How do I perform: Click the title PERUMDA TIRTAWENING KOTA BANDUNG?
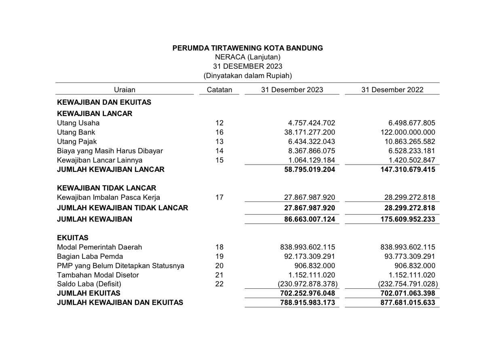(x=247, y=48)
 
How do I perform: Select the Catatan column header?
(x=220, y=90)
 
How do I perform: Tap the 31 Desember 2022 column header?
(x=392, y=90)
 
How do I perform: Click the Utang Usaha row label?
(x=78, y=123)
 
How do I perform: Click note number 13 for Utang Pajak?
(x=220, y=142)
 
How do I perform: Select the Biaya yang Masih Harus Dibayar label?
(x=110, y=151)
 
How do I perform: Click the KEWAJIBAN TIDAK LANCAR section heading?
(x=107, y=188)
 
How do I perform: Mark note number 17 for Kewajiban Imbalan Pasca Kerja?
(x=220, y=197)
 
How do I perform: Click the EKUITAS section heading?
(x=73, y=238)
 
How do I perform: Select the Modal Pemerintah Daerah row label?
(x=100, y=247)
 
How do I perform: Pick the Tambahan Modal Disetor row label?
(x=98, y=275)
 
